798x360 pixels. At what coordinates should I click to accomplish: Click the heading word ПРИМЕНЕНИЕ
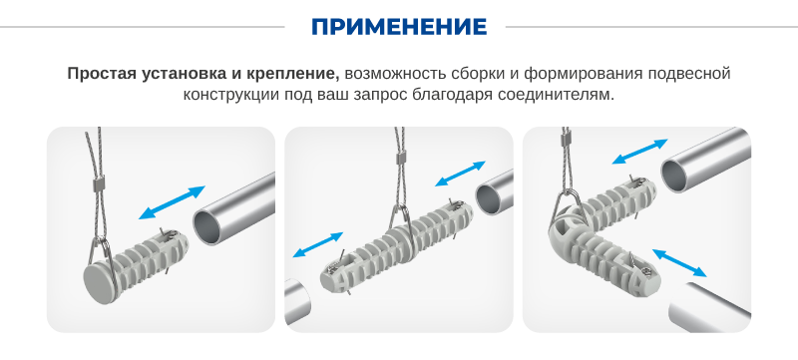pos(399,27)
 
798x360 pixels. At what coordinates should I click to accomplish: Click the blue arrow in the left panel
pos(172,202)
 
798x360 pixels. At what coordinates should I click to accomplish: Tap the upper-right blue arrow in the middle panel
pos(460,174)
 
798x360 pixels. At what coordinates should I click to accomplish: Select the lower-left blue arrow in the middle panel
pos(318,244)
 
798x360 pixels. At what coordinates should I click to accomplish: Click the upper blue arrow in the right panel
pos(639,151)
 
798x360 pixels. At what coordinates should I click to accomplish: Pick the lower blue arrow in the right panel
pos(679,262)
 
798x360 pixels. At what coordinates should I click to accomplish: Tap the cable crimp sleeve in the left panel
pos(98,182)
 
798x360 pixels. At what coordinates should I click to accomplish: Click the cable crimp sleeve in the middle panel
pos(401,158)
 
